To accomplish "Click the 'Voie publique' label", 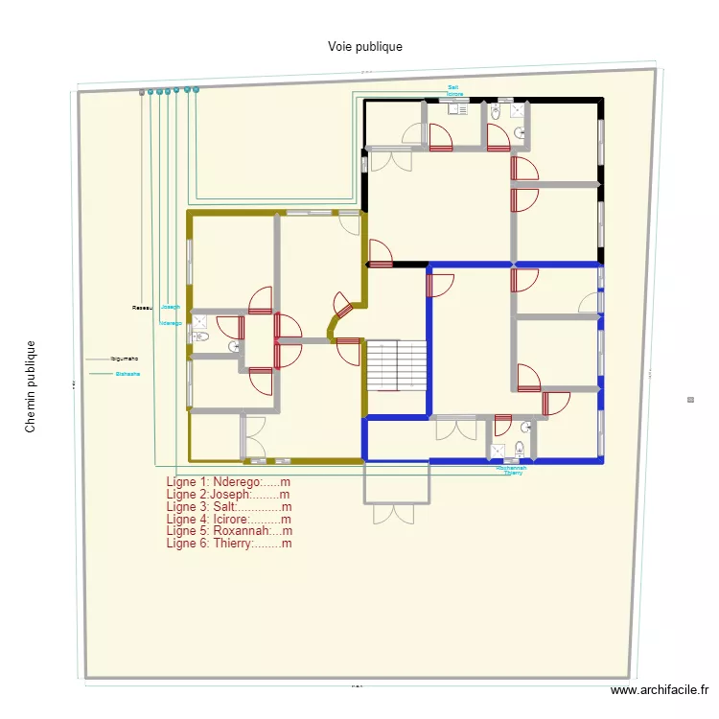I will coord(364,46).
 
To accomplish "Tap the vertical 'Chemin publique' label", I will coord(31,386).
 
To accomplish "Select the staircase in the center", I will coord(396,365).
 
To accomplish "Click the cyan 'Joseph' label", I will coord(171,307).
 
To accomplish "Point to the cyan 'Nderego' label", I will coord(171,323).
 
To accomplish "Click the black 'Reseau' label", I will coord(142,308).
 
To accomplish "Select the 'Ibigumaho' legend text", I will coord(125,359).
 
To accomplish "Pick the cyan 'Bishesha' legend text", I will coord(128,374).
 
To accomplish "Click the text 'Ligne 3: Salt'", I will coord(228,506).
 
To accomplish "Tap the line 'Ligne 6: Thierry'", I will coord(228,544).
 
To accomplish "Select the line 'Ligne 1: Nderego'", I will coord(228,481).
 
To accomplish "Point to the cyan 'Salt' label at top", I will coord(452,87).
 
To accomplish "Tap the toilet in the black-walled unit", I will coord(495,112).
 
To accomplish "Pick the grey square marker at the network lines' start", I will coord(142,92).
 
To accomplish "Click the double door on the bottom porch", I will coord(395,515).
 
